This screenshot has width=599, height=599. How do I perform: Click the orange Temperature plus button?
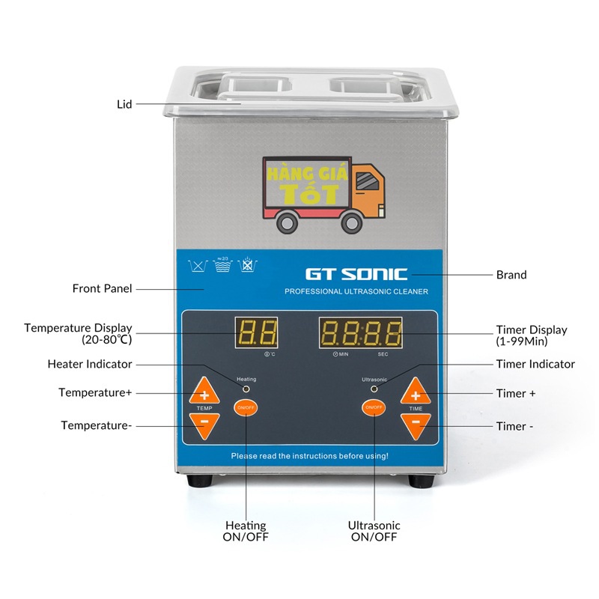204,392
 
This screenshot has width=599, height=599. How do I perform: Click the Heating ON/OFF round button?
246,408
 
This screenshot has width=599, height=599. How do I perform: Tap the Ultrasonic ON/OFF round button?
373,408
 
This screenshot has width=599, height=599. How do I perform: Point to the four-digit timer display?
360,332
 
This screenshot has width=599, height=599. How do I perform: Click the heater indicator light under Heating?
246,389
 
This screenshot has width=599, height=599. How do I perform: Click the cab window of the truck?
367,181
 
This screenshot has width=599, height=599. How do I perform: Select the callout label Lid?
124,104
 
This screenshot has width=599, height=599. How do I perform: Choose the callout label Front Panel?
102,288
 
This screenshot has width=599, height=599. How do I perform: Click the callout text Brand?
511,275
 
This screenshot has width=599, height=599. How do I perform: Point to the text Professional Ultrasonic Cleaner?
356,291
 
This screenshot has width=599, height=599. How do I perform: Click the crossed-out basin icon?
246,265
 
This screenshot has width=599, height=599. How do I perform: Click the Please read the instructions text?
309,455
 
